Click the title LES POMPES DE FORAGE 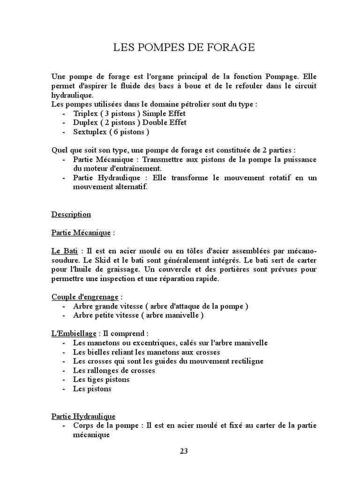(x=184, y=47)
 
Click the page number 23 (x=184, y=451)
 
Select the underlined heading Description (x=71, y=215)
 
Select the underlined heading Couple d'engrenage (x=85, y=297)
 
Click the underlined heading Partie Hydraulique (x=83, y=416)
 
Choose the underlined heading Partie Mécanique (x=81, y=233)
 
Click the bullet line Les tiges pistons (x=101, y=380)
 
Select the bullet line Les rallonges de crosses (x=114, y=370)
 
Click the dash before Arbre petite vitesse (x=63, y=315)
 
